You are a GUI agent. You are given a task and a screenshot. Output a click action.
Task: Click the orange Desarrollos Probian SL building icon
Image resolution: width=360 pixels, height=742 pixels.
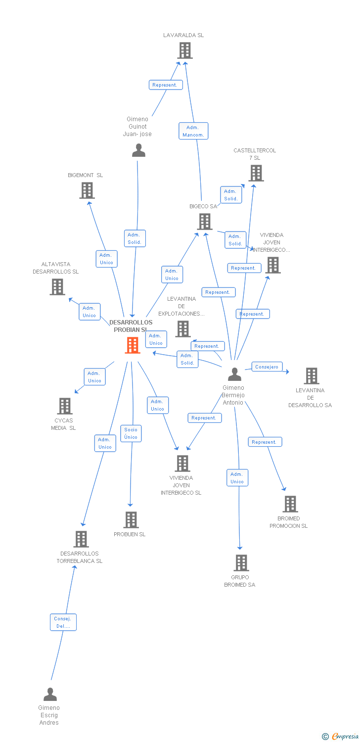coord(133,345)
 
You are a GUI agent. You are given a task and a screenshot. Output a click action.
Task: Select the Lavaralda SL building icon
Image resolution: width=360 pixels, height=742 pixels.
coord(185,50)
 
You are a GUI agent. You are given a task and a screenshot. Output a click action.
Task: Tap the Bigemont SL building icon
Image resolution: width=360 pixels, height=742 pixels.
coord(87,190)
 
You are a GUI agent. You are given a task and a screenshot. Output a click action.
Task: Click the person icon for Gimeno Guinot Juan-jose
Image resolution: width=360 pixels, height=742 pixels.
coord(139,150)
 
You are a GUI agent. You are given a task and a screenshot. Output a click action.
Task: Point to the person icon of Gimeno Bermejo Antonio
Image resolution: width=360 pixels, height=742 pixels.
coord(234,374)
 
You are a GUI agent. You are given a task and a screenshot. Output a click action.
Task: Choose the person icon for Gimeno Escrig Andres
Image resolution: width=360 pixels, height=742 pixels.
coord(50,695)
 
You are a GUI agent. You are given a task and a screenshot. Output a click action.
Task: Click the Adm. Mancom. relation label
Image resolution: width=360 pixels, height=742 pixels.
coord(193,131)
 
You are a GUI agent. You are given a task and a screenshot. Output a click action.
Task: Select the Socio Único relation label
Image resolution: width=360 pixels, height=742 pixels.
coord(131,433)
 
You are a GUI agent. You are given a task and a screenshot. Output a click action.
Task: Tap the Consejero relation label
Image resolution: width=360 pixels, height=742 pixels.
coord(267,367)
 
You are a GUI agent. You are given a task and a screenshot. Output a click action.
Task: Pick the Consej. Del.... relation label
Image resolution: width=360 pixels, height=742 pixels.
coord(63,622)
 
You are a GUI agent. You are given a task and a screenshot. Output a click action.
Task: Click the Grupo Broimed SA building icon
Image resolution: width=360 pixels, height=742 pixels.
coord(241,563)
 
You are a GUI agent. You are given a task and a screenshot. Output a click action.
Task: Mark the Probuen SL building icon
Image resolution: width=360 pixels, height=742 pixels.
coord(131,520)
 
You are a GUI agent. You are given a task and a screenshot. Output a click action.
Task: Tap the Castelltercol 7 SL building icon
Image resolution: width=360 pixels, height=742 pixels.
coord(256,173)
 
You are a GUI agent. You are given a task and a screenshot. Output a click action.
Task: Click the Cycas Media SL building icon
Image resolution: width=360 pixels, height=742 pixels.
coord(65,406)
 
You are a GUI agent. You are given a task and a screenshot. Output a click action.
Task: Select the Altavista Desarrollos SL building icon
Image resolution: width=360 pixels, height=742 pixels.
coord(57,286)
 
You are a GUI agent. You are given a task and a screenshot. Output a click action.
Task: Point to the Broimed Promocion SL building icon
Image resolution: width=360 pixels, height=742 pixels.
coord(290,504)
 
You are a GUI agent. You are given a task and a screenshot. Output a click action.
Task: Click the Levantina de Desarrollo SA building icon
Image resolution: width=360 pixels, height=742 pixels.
coord(312,376)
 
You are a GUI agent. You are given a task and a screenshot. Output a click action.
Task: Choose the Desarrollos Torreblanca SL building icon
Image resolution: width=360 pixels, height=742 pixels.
coord(81,539)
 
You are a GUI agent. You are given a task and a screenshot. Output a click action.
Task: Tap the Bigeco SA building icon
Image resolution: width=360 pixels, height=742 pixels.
coord(205,222)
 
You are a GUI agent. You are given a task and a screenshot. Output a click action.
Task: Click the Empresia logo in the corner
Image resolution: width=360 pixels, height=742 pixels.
coord(341,737)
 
